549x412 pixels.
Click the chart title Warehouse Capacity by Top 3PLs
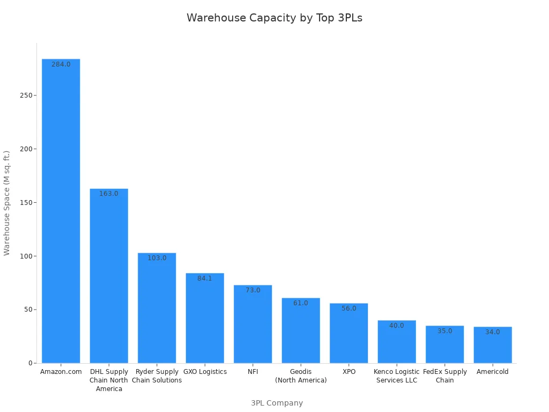[x=274, y=18]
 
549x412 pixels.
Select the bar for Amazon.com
[x=61, y=215]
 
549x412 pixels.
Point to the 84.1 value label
[x=205, y=278]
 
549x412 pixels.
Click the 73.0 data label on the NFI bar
[x=253, y=290]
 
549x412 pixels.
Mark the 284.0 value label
[x=61, y=64]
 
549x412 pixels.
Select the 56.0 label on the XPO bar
[x=349, y=308]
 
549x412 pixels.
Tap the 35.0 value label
[x=445, y=331]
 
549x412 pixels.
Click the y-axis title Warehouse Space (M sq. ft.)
[x=7, y=203]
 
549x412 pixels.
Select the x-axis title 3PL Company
[x=277, y=403]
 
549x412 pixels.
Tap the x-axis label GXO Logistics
[x=205, y=372]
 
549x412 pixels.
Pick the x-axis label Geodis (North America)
[x=301, y=376]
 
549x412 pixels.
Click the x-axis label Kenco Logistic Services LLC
[x=397, y=376]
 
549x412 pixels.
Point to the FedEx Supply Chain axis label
[x=445, y=376]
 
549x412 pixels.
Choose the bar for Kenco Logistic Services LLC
[x=397, y=343]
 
